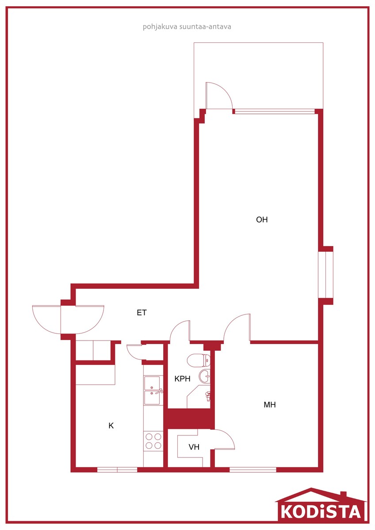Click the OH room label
click(x=262, y=220)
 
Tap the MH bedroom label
click(x=270, y=405)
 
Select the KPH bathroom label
click(x=182, y=379)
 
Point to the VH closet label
click(x=194, y=447)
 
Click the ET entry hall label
click(x=142, y=313)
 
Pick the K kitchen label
click(x=111, y=426)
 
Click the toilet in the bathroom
click(x=199, y=360)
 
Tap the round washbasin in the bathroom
click(x=204, y=376)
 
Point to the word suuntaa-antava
click(x=205, y=26)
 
